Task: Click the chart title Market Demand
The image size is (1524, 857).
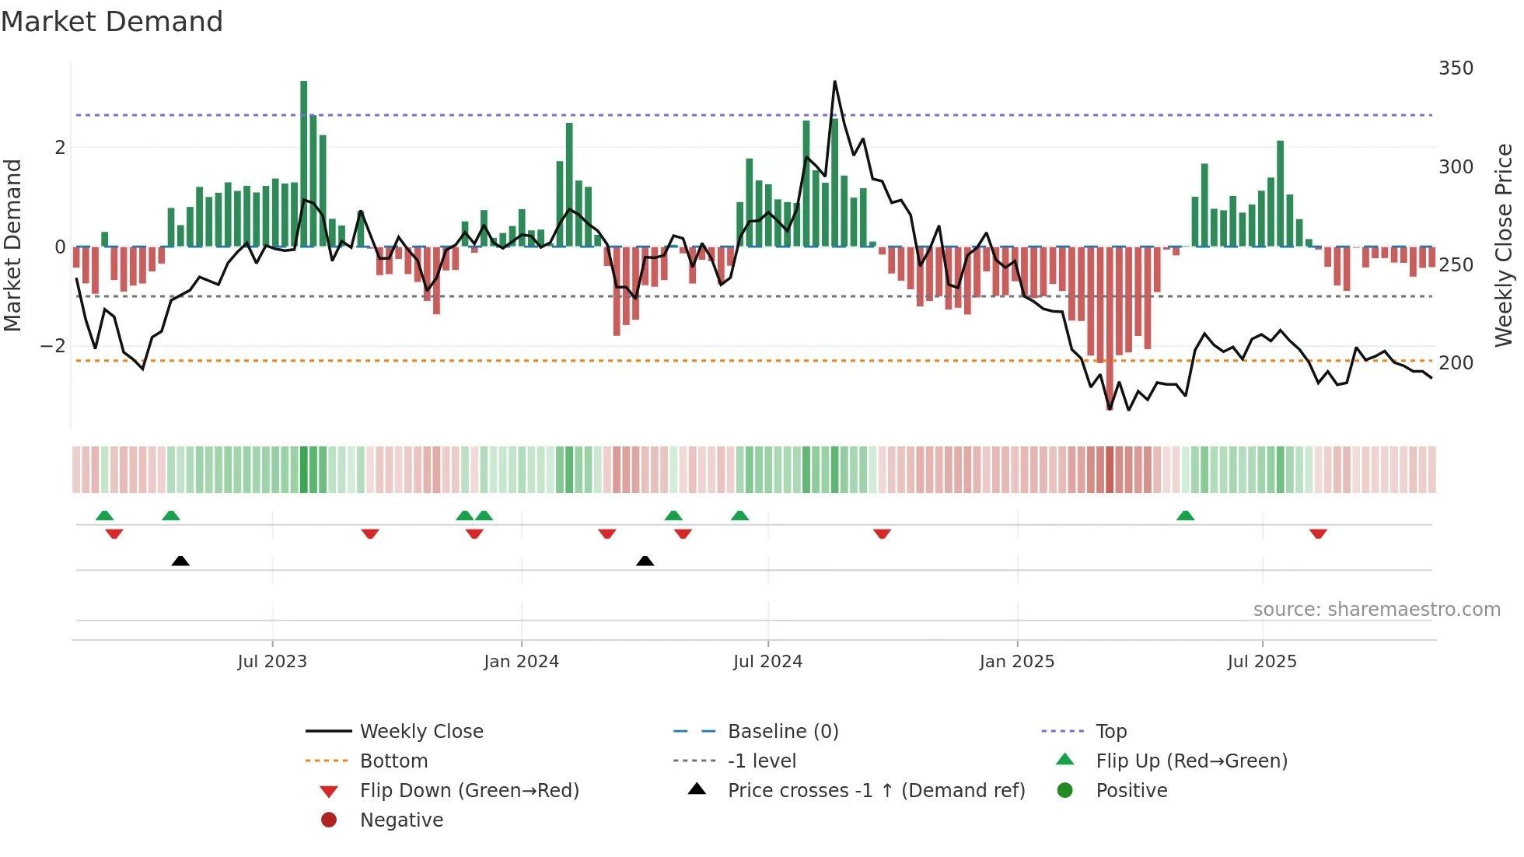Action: (112, 22)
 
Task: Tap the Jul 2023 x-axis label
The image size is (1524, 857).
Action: (272, 662)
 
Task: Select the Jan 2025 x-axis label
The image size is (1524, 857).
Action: (1016, 662)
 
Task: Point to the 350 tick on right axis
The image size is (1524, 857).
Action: (1456, 68)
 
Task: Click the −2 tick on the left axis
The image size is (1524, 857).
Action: (53, 346)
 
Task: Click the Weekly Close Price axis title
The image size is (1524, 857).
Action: (1504, 245)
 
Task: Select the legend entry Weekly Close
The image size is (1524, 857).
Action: (421, 732)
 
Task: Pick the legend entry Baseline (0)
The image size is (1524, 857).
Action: (782, 732)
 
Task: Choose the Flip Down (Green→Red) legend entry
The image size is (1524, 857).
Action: (469, 791)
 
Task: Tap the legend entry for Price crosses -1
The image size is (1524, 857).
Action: (876, 791)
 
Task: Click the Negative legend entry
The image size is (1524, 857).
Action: (401, 820)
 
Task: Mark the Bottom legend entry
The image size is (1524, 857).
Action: (393, 761)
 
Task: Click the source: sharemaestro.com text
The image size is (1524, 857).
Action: (1376, 610)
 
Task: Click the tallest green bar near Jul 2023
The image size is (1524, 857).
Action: (304, 163)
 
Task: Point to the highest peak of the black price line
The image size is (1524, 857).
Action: (834, 82)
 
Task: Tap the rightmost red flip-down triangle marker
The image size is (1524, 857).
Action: (1318, 533)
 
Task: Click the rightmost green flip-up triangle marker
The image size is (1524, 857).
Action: (1185, 516)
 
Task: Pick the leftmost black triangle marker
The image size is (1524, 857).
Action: (180, 561)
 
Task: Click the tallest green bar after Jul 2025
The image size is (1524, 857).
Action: (1280, 194)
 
